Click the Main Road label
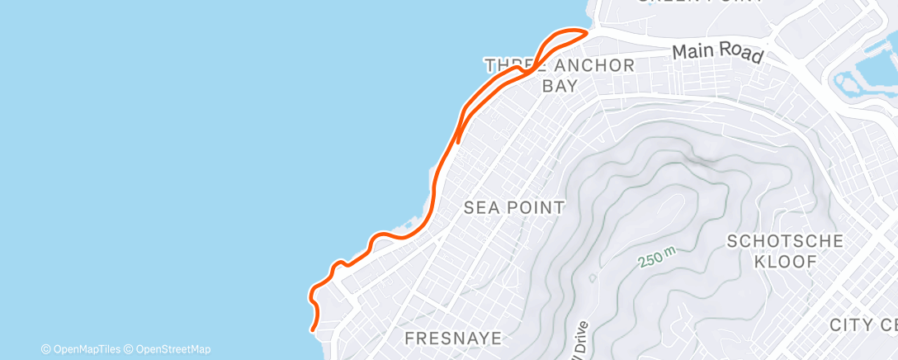716,52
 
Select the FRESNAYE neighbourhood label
453,339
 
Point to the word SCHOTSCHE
785,242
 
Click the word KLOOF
785,262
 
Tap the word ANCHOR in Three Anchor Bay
588,66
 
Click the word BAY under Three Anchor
559,86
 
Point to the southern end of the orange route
313,330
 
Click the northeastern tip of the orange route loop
587,32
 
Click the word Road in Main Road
740,54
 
